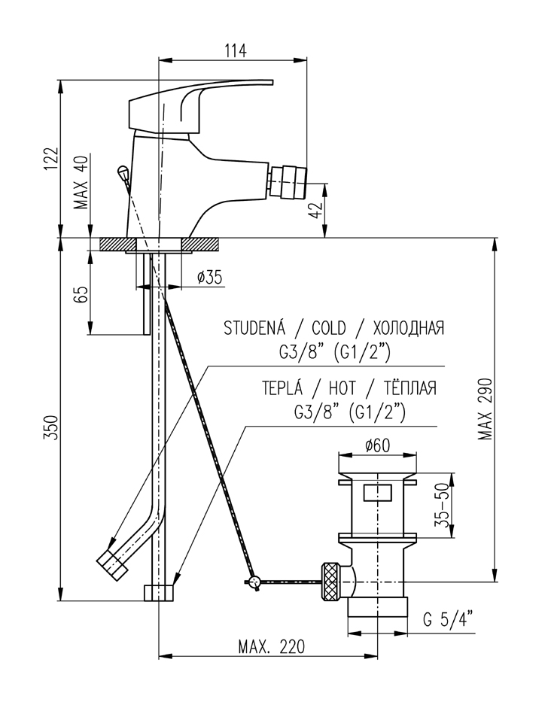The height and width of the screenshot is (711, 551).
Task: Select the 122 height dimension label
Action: tap(50, 159)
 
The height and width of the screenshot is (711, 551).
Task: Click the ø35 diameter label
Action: tap(209, 278)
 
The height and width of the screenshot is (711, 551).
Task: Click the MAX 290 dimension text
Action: tap(485, 411)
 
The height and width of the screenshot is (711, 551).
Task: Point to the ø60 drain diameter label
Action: tap(376, 445)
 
